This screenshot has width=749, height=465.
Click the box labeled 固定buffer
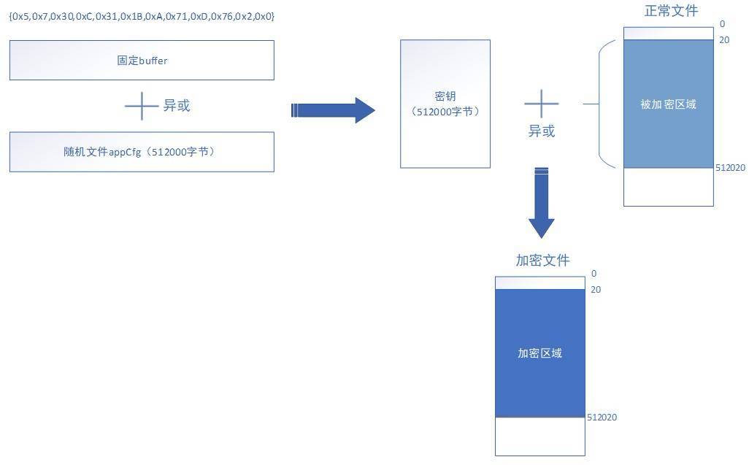tap(142, 60)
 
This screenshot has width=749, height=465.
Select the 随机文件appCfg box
tap(142, 152)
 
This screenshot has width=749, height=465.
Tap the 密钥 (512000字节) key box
tap(445, 104)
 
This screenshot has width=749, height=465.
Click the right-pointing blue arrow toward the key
tap(333, 110)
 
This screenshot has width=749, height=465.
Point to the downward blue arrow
tap(541, 202)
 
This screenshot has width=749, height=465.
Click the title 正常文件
tap(671, 10)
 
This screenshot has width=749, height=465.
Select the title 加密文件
tap(542, 260)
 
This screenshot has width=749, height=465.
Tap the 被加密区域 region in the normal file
tap(668, 104)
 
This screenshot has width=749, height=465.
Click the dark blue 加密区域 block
tap(539, 353)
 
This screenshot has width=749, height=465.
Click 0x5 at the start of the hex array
tap(20, 16)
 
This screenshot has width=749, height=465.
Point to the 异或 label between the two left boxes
tap(177, 106)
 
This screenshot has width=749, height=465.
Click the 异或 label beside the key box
tap(542, 131)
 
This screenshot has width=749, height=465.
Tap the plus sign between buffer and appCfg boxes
tap(142, 106)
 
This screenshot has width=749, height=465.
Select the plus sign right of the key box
tap(541, 103)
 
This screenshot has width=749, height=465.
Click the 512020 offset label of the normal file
tap(730, 168)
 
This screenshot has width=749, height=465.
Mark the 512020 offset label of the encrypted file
tap(602, 418)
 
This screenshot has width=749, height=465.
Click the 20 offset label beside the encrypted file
tap(596, 289)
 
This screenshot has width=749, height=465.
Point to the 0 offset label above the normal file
tap(722, 24)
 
